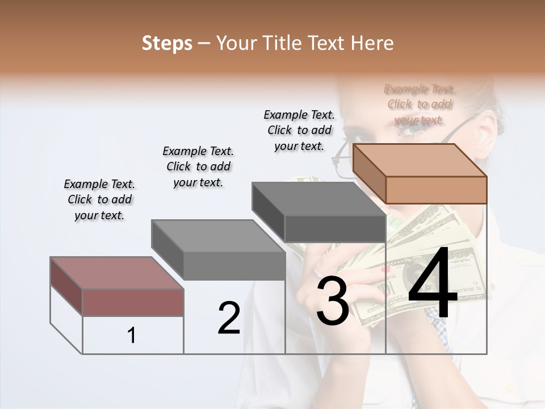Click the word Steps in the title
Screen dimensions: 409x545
point(167,43)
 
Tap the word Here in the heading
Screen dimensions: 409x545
point(372,43)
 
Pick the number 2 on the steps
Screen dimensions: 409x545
point(229,318)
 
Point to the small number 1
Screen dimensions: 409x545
point(132,336)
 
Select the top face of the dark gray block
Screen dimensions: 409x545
point(318,199)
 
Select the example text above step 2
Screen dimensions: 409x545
point(198,166)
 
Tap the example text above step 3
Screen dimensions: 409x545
point(299,130)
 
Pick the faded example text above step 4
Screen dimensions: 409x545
point(420,105)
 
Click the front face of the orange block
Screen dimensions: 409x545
point(436,190)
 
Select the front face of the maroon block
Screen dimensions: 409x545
point(133,302)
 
